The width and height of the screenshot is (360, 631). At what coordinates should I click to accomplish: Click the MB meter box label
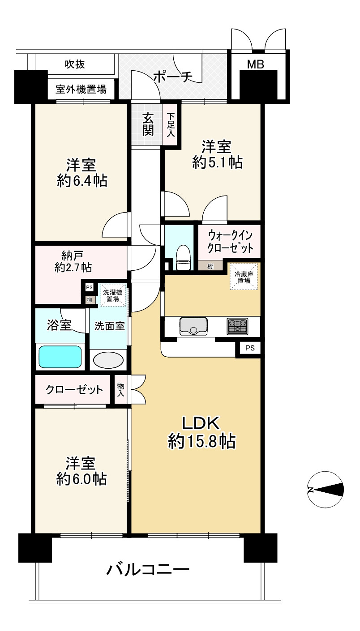(x=255, y=64)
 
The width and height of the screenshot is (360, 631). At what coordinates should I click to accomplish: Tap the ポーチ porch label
(x=173, y=77)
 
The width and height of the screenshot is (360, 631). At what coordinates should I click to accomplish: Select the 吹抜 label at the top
(x=75, y=64)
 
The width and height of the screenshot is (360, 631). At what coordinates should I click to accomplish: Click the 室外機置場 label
(x=81, y=90)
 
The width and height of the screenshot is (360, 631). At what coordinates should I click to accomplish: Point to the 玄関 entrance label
(x=148, y=124)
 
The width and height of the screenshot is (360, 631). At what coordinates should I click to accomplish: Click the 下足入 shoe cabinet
(x=170, y=125)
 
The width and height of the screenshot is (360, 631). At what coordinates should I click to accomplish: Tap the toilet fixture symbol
(x=183, y=258)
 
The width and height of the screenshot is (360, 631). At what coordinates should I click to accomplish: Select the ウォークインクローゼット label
(x=230, y=242)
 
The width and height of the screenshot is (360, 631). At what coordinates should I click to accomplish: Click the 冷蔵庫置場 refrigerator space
(x=244, y=277)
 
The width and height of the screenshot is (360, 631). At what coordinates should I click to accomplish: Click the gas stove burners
(x=237, y=326)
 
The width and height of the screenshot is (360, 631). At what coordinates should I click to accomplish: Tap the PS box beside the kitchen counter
(x=250, y=348)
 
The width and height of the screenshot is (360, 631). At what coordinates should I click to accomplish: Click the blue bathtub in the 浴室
(x=60, y=357)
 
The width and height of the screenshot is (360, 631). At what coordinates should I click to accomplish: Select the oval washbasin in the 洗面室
(x=108, y=360)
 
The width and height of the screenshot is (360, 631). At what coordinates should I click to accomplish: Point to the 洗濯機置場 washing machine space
(x=112, y=295)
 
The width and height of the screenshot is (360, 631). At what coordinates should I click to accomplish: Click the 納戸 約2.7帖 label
(x=73, y=262)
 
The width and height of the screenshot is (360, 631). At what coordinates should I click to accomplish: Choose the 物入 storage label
(x=120, y=389)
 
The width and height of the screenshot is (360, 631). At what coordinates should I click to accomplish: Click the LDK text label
(x=201, y=423)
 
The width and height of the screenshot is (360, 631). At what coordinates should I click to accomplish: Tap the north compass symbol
(x=326, y=490)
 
